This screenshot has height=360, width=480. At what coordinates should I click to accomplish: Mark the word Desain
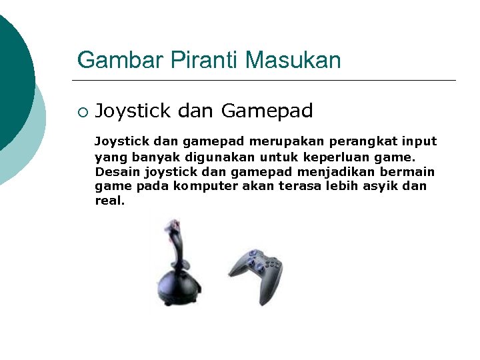tap(113, 172)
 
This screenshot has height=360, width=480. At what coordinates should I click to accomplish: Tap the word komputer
tap(201, 186)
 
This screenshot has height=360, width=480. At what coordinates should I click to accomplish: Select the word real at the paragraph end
tap(109, 200)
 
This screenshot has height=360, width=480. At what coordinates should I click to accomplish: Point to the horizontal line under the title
tap(267, 81)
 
